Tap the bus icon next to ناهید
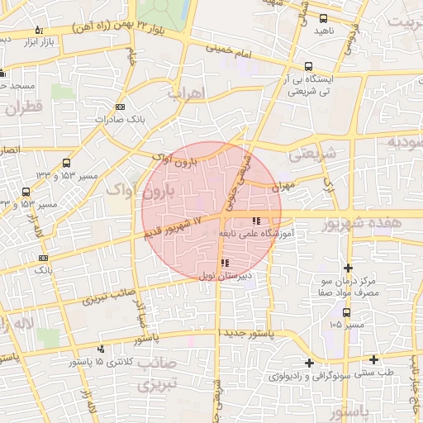click(323, 17)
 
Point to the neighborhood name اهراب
click(185, 93)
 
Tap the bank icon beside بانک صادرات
click(121, 107)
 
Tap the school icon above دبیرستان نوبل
click(226, 263)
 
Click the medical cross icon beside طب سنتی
click(375, 359)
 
